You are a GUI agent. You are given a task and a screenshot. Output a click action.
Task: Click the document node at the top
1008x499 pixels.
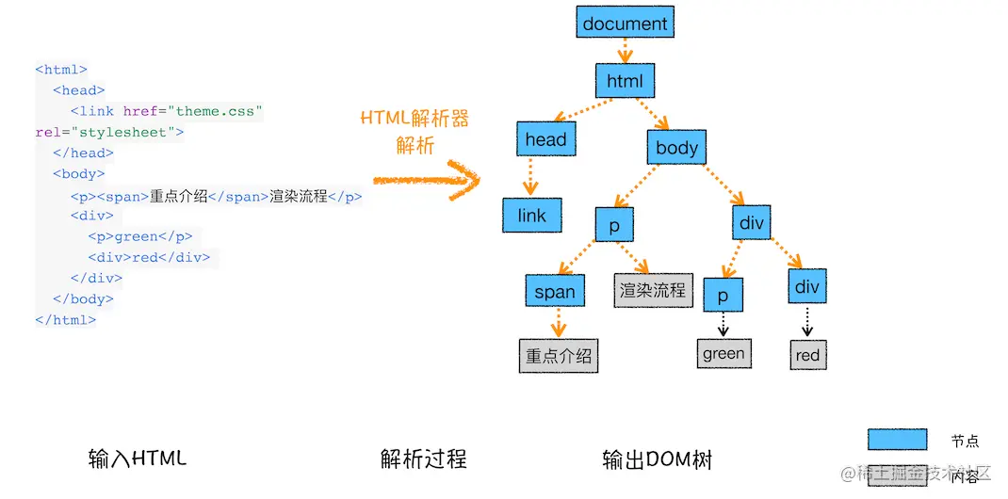click(x=625, y=24)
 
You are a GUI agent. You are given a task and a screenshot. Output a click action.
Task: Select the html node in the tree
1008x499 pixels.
click(x=625, y=81)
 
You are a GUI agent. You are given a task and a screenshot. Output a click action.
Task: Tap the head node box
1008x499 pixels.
click(x=545, y=140)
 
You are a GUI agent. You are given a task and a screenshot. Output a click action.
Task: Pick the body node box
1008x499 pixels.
click(x=676, y=147)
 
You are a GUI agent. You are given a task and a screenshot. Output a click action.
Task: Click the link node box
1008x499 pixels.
click(x=532, y=216)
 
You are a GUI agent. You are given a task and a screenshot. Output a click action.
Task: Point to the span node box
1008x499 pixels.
click(x=555, y=291)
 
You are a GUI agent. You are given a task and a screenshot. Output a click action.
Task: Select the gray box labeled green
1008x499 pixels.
click(x=723, y=354)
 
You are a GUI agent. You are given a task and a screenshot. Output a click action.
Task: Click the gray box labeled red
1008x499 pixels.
click(x=807, y=355)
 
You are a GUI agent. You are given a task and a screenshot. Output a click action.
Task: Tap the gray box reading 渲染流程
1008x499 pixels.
click(x=653, y=290)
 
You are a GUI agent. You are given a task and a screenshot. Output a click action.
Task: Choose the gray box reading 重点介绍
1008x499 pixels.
click(x=559, y=356)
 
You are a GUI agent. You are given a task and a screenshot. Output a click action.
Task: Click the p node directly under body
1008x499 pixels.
click(x=614, y=225)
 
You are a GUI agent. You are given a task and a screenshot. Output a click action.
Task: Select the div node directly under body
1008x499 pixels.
click(x=751, y=223)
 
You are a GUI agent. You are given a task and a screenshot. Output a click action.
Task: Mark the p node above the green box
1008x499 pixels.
click(x=723, y=295)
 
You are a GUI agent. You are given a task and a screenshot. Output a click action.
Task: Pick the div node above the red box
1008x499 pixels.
click(x=807, y=286)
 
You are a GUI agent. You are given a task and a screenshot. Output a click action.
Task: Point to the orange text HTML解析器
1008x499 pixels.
click(x=415, y=120)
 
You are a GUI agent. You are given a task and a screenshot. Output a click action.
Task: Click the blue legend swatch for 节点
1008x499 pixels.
click(x=897, y=440)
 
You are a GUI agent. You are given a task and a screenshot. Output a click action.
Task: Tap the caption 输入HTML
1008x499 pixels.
click(x=138, y=459)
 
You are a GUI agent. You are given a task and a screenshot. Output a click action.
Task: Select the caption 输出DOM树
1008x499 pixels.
click(x=657, y=459)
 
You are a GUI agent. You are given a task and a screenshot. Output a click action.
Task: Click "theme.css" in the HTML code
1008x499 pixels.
click(x=215, y=111)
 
